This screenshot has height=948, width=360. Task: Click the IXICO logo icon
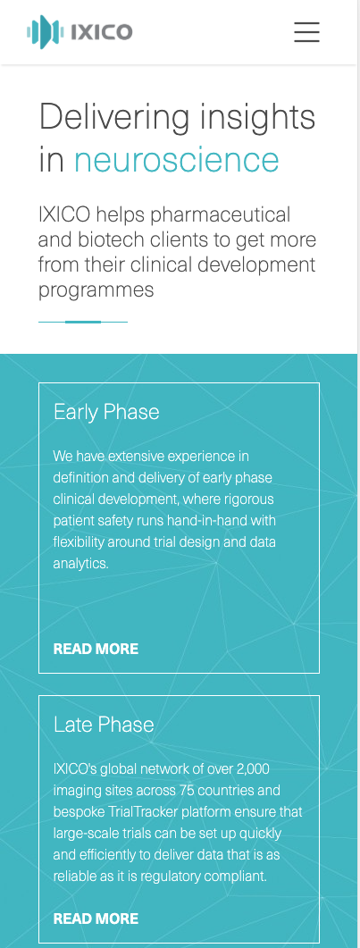(x=46, y=32)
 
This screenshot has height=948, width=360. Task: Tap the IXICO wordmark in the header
(x=102, y=32)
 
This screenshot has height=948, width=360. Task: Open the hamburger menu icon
(x=306, y=32)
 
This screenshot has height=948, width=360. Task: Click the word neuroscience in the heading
(x=176, y=160)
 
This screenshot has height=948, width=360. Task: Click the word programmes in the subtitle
(x=96, y=290)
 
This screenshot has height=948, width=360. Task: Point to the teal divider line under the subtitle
(x=83, y=323)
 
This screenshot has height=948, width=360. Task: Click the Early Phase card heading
(x=106, y=412)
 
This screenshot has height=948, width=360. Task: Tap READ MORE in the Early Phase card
(x=96, y=649)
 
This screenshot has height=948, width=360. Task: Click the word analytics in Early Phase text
(x=81, y=564)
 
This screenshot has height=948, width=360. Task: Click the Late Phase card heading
(x=104, y=725)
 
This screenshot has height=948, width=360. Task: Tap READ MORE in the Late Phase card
(x=96, y=919)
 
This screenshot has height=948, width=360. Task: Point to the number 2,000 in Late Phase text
(x=253, y=769)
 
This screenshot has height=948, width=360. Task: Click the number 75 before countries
(x=186, y=790)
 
